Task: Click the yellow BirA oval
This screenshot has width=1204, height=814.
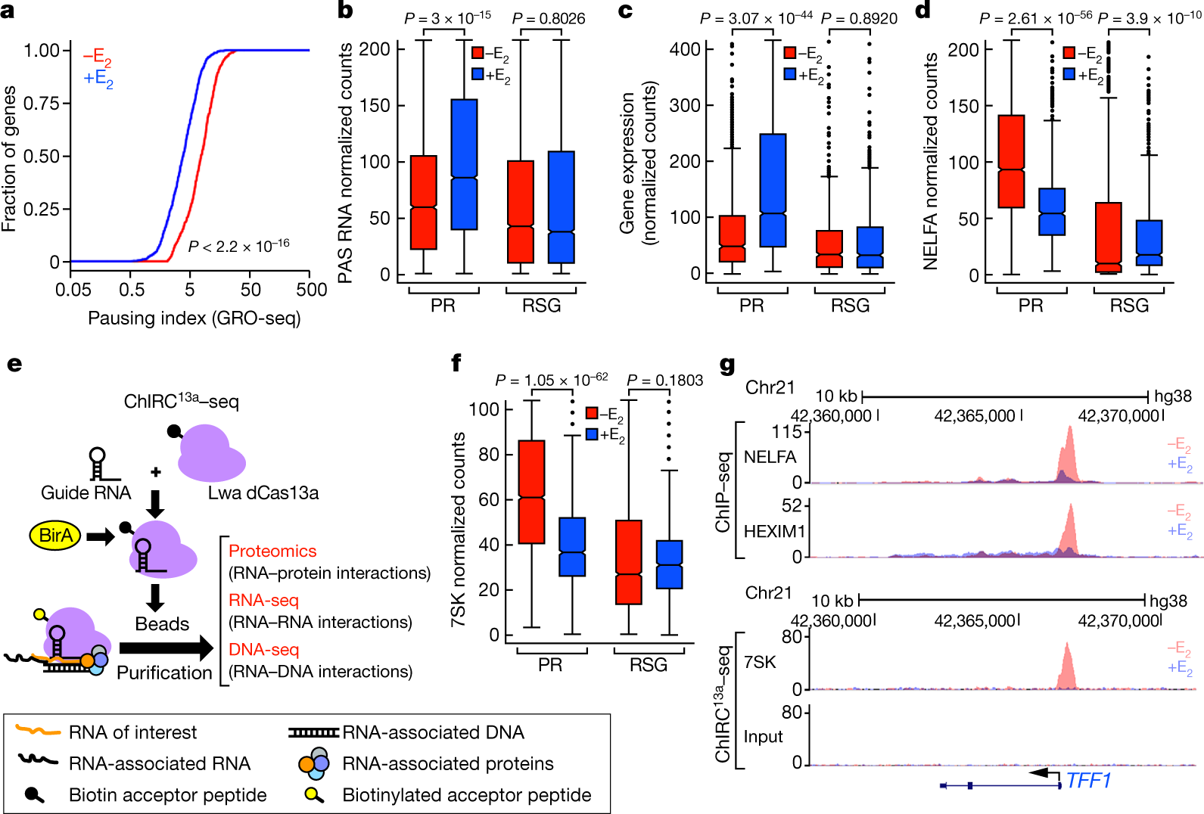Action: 54,536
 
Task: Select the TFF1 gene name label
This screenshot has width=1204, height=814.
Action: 1088,780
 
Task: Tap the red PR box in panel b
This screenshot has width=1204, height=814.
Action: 424,203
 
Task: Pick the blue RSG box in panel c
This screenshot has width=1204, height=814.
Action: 870,247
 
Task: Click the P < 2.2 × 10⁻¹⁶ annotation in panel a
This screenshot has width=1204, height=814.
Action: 238,246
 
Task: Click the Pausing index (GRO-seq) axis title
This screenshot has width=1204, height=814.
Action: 194,318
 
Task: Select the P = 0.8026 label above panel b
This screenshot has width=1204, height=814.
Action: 548,19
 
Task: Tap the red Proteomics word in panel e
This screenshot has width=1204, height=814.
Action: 272,551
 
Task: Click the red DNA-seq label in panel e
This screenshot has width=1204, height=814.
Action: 263,650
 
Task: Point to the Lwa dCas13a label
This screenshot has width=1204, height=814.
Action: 263,492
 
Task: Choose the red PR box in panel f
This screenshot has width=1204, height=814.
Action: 531,492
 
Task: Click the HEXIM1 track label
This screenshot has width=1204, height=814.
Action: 774,531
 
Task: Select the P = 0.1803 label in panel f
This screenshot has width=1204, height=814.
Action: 665,381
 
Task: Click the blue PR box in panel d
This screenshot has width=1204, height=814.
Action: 1052,212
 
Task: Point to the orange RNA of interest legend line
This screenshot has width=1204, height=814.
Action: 38,730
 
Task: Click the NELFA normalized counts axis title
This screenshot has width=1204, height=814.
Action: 930,161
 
